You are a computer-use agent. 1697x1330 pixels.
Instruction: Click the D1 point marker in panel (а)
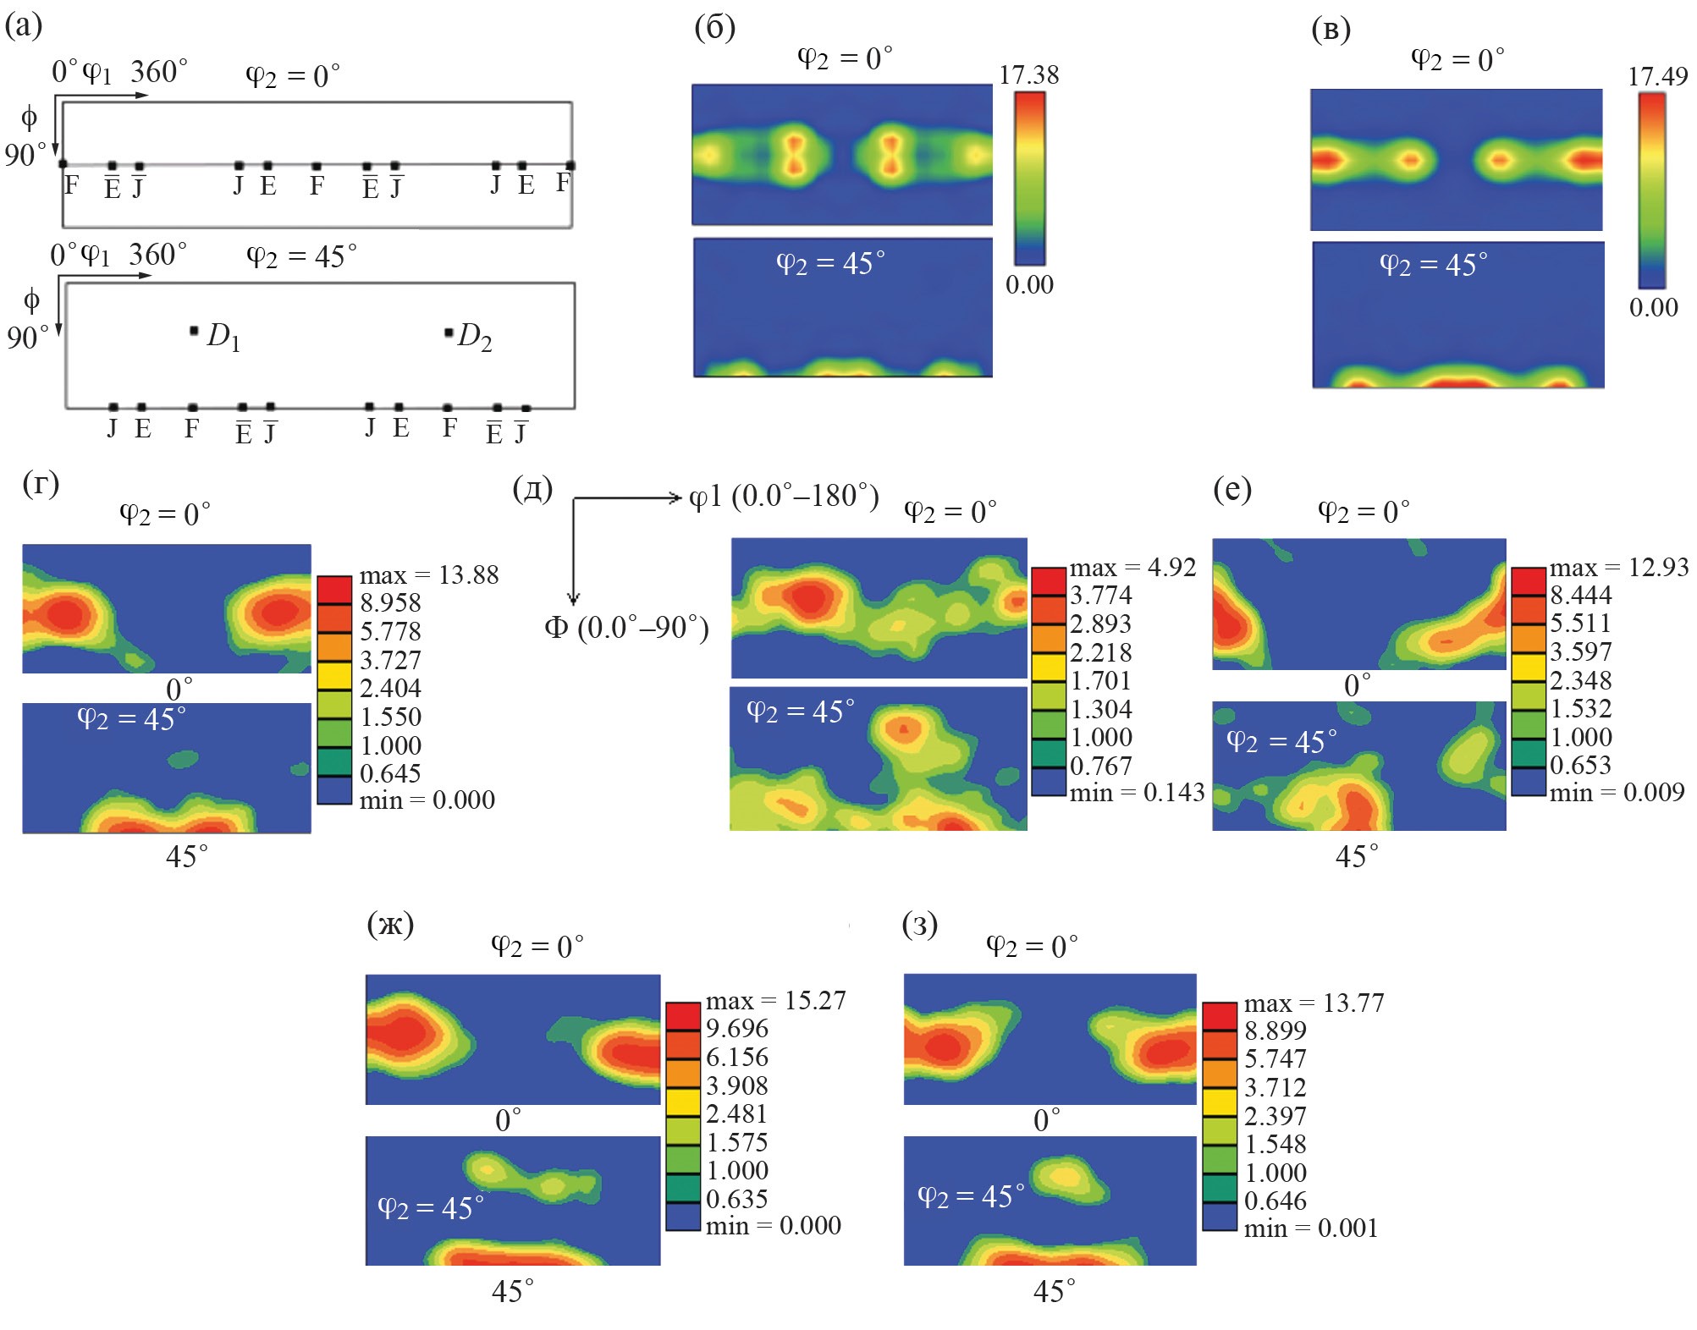pos(194,331)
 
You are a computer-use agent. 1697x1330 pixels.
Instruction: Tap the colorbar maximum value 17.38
pos(1028,75)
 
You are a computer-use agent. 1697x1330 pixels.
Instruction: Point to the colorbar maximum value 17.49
pos(1657,77)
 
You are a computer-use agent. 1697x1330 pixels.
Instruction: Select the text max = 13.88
pos(428,575)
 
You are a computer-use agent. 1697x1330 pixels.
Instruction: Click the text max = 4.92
pos(1132,568)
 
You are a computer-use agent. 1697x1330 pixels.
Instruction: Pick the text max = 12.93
pos(1618,567)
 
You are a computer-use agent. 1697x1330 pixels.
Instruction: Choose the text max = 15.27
pos(775,1000)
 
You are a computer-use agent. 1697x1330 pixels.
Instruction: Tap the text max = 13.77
pos(1314,1003)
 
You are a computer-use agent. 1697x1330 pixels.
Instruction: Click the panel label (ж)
pos(391,925)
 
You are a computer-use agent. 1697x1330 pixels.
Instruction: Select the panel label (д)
pos(533,488)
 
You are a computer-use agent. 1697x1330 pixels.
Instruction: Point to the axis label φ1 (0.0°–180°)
pos(784,496)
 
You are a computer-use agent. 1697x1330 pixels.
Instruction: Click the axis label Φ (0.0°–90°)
pos(626,628)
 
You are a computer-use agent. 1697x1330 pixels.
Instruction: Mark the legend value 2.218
pos(1100,652)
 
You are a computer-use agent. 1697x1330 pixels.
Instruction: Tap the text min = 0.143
pos(1137,793)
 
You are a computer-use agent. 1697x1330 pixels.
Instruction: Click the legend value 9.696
pos(737,1029)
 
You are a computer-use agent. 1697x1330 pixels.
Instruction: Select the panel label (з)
pos(921,925)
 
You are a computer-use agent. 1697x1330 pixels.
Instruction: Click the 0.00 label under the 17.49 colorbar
pos(1653,307)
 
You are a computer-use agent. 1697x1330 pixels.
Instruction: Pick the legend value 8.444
pos(1581,595)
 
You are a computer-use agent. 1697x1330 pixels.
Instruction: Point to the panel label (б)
pos(715,28)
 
